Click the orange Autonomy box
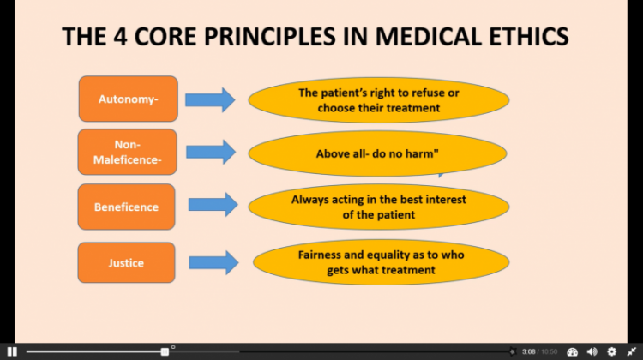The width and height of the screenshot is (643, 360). click(x=129, y=99)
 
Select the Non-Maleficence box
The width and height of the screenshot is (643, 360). click(x=128, y=152)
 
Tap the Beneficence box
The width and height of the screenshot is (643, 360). click(x=126, y=207)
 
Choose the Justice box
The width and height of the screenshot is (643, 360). click(x=126, y=262)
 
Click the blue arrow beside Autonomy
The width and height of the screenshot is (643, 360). click(x=210, y=99)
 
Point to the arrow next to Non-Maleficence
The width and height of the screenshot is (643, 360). click(x=211, y=152)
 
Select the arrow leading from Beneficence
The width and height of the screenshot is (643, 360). click(x=213, y=205)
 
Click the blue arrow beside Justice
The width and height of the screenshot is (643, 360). click(x=213, y=262)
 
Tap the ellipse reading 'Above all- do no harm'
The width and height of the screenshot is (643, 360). click(x=378, y=153)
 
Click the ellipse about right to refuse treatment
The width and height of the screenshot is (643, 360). click(x=378, y=100)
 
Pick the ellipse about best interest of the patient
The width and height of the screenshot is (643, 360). click(x=378, y=207)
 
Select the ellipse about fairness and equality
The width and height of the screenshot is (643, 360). click(x=381, y=262)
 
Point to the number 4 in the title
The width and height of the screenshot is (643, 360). click(x=120, y=36)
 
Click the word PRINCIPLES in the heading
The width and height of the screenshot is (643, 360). click(x=270, y=36)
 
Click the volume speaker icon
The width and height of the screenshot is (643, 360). click(x=592, y=351)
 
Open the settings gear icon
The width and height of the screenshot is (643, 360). click(x=612, y=351)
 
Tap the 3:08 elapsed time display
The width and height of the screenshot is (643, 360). click(x=529, y=351)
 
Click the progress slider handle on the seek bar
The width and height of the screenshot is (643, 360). click(x=165, y=351)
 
